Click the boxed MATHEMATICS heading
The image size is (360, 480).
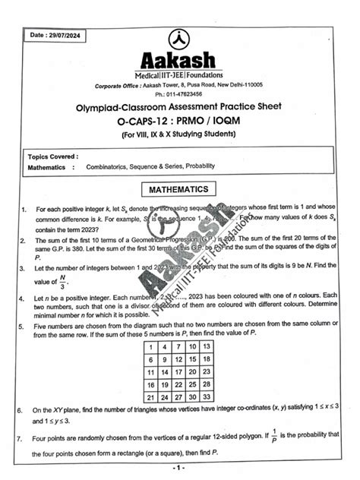[178, 188]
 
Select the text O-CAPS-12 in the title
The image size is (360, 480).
[150, 123]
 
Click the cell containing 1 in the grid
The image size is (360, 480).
[151, 346]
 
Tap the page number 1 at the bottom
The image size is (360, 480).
[178, 467]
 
